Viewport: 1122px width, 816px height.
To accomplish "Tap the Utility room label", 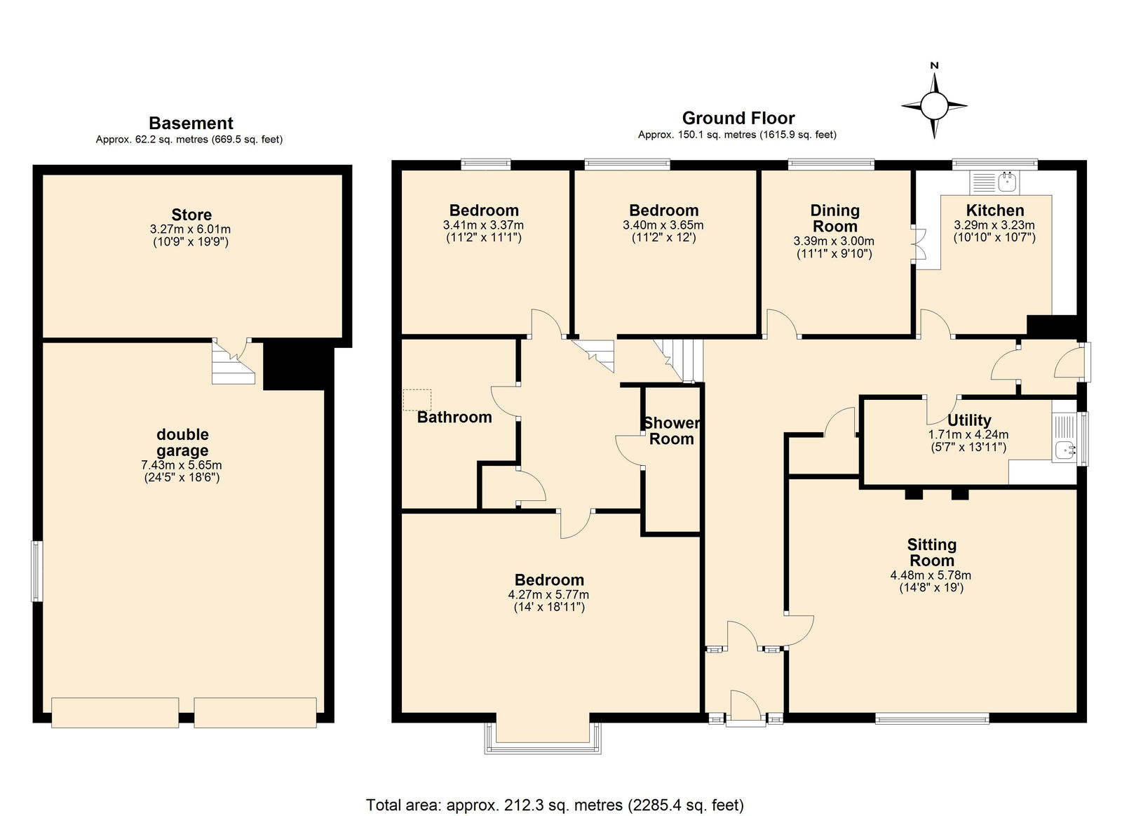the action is point(969,420).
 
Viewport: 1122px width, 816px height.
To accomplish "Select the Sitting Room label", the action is point(932,552).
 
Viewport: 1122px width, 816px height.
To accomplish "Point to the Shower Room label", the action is point(672,431).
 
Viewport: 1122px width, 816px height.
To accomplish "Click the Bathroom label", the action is point(454,417).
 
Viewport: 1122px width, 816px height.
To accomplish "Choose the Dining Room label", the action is point(835,218).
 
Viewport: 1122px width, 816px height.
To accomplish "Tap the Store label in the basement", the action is point(191,215).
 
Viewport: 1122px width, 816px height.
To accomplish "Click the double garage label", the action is point(182,442).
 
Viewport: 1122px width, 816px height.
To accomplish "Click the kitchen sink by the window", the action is point(1006,182).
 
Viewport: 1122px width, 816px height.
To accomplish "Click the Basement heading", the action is point(191,123).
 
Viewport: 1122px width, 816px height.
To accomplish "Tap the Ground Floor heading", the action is point(738,119).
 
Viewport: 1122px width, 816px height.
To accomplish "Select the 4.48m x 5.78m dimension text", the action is point(930,575).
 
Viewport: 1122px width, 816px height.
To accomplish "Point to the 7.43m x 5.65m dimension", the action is point(182,465).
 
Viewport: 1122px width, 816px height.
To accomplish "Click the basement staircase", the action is point(233,362).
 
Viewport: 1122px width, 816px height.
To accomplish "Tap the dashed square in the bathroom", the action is point(417,400).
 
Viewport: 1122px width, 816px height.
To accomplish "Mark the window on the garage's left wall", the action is point(37,571).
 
